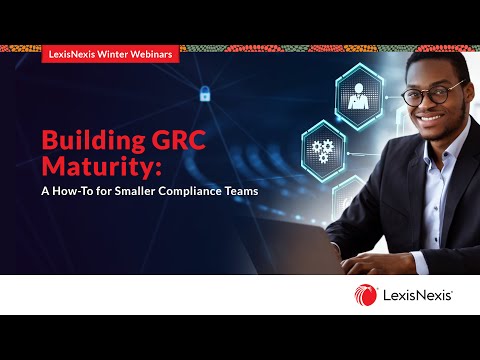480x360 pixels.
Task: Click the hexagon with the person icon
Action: pyautogui.click(x=358, y=97)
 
